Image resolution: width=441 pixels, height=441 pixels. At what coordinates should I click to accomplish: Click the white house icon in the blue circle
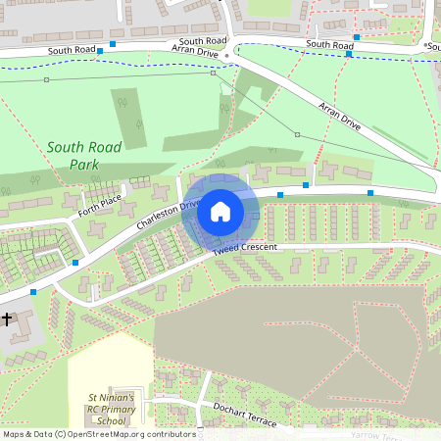(x=220, y=211)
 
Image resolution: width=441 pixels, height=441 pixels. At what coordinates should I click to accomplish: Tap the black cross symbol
(x=7, y=318)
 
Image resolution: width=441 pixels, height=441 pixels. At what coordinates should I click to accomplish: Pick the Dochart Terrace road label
(x=237, y=414)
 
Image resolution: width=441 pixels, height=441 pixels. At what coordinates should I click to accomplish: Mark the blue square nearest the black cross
(x=34, y=291)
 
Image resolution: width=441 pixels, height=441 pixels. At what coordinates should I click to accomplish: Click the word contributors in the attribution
(x=169, y=434)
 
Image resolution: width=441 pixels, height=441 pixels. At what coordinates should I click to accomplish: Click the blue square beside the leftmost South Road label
(x=113, y=44)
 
